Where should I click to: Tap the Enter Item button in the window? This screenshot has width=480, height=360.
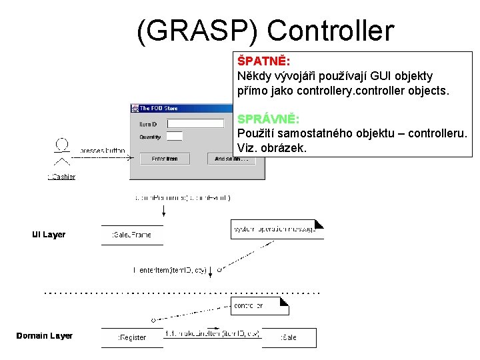165,159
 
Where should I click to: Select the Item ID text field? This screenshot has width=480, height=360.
195,123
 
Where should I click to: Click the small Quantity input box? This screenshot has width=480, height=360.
174,137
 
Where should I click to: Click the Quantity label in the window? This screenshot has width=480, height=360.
150,137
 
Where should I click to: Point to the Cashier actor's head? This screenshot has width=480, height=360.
61,143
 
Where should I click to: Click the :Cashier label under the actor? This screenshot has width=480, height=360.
61,177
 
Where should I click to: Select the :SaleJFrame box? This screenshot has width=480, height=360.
132,235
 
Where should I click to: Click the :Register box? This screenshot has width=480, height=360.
132,337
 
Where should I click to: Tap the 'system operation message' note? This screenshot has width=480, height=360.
276,229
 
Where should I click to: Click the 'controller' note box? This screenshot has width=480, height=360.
259,306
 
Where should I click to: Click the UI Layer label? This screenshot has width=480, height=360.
49,235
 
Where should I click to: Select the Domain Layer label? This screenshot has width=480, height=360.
45,335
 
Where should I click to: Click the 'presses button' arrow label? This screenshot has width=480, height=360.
102,151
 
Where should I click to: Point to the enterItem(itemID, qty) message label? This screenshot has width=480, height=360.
171,270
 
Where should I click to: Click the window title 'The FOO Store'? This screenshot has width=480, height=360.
159,108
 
